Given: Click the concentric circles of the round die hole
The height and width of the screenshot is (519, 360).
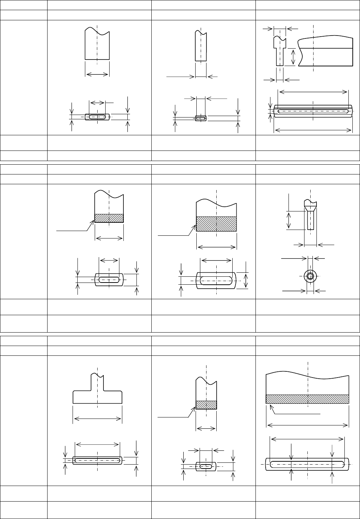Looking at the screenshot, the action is pos(310,276).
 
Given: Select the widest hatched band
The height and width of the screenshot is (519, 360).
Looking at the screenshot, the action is pos(307,399).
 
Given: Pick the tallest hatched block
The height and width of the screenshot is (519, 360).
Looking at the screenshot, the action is pos(216,224).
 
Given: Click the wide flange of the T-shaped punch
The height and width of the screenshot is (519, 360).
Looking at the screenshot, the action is pos(97,397).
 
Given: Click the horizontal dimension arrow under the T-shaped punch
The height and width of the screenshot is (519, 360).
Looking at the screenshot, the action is pos(97,419).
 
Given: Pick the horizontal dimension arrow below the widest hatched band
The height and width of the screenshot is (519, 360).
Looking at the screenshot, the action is pos(308,425).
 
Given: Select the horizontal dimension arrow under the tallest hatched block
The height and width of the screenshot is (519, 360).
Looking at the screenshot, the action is pos(216,247).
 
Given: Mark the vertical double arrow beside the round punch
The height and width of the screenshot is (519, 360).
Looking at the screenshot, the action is pos(289,220).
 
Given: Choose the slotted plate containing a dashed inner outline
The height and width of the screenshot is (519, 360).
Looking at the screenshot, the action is pos(313,111).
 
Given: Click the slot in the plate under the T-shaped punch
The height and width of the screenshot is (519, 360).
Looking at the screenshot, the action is pos(97,461).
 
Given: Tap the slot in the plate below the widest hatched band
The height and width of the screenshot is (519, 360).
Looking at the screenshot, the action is pos(308,464).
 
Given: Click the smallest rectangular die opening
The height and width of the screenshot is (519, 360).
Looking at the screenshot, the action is pos(200,118).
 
